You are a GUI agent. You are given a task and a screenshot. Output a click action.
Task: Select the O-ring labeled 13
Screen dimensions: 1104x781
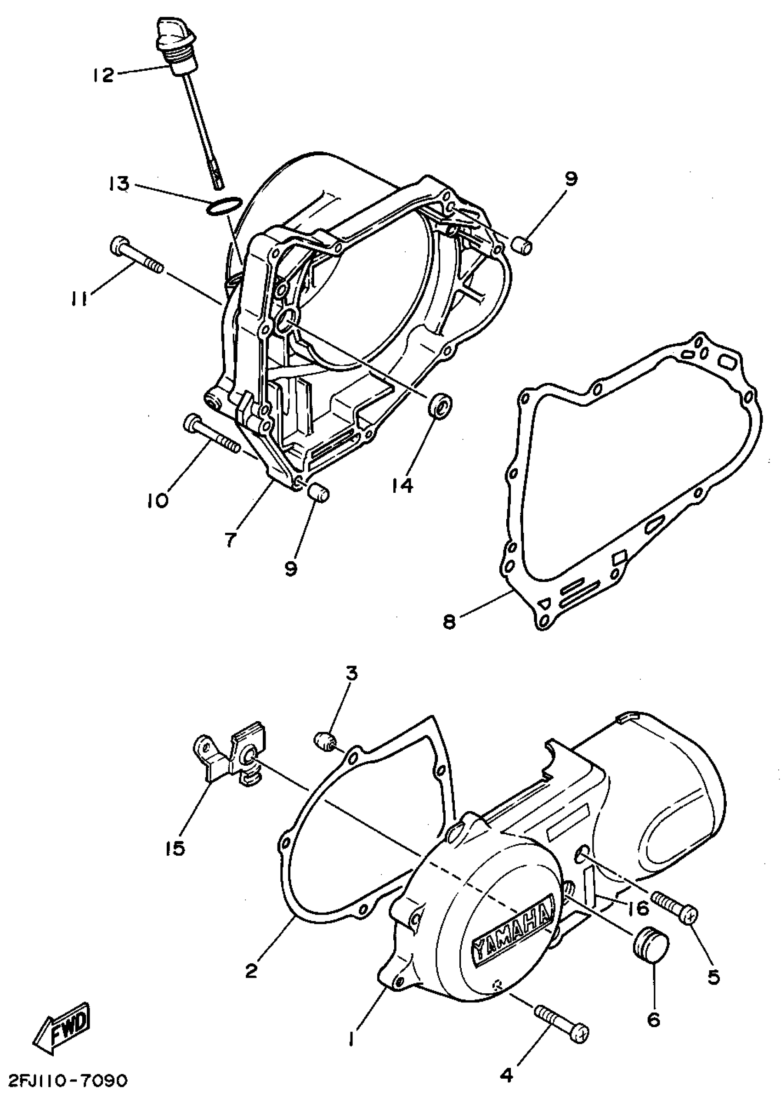pyautogui.click(x=224, y=206)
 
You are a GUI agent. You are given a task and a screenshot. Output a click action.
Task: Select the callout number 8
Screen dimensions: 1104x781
pyautogui.click(x=448, y=622)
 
